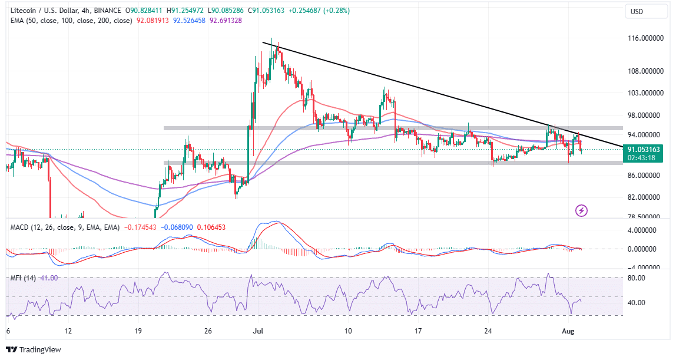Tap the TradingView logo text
(39, 349)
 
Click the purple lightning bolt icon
(582, 210)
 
